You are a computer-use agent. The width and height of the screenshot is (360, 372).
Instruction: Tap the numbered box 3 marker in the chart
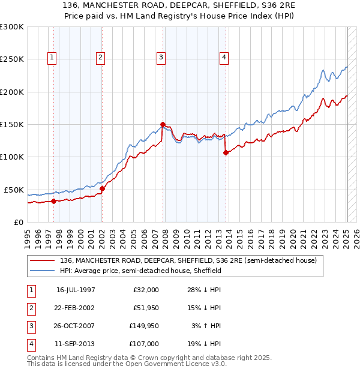pyautogui.click(x=161, y=58)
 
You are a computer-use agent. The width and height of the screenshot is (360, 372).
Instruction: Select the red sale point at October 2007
pyautogui.click(x=163, y=125)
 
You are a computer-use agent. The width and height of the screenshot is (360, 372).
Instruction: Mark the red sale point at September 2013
pyautogui.click(x=226, y=152)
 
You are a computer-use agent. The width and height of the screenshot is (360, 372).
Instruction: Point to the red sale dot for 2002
pyautogui.click(x=102, y=188)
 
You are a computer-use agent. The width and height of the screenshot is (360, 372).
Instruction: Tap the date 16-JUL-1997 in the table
pyautogui.click(x=76, y=290)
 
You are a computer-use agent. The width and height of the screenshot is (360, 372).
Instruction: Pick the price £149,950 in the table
pyautogui.click(x=143, y=326)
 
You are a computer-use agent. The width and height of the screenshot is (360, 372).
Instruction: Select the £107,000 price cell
pyautogui.click(x=143, y=344)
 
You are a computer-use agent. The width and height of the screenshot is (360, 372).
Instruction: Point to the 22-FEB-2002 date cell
pyautogui.click(x=76, y=308)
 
